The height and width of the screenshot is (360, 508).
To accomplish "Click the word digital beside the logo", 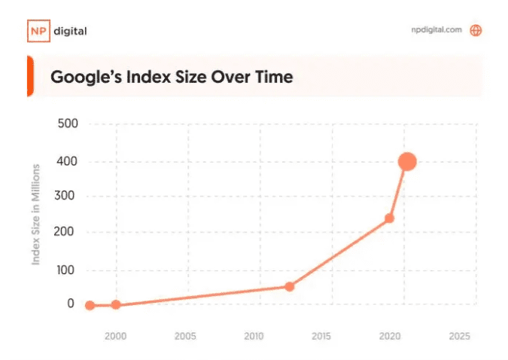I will click(71, 31).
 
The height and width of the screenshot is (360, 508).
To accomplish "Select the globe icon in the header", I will click(476, 31).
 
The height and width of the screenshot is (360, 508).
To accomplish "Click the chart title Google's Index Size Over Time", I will click(171, 77).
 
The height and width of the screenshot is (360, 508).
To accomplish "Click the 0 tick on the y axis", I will click(71, 304).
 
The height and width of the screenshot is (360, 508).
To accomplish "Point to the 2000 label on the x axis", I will click(115, 337).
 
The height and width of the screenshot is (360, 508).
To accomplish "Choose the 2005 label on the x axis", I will click(186, 337).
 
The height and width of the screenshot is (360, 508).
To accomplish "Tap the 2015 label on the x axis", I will click(322, 337).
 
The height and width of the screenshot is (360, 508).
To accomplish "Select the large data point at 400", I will click(407, 161).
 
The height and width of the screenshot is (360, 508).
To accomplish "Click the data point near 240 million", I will click(389, 218).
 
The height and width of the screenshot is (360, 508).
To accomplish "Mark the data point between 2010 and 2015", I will click(289, 286).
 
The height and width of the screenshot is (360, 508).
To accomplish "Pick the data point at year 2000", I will click(115, 305).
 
